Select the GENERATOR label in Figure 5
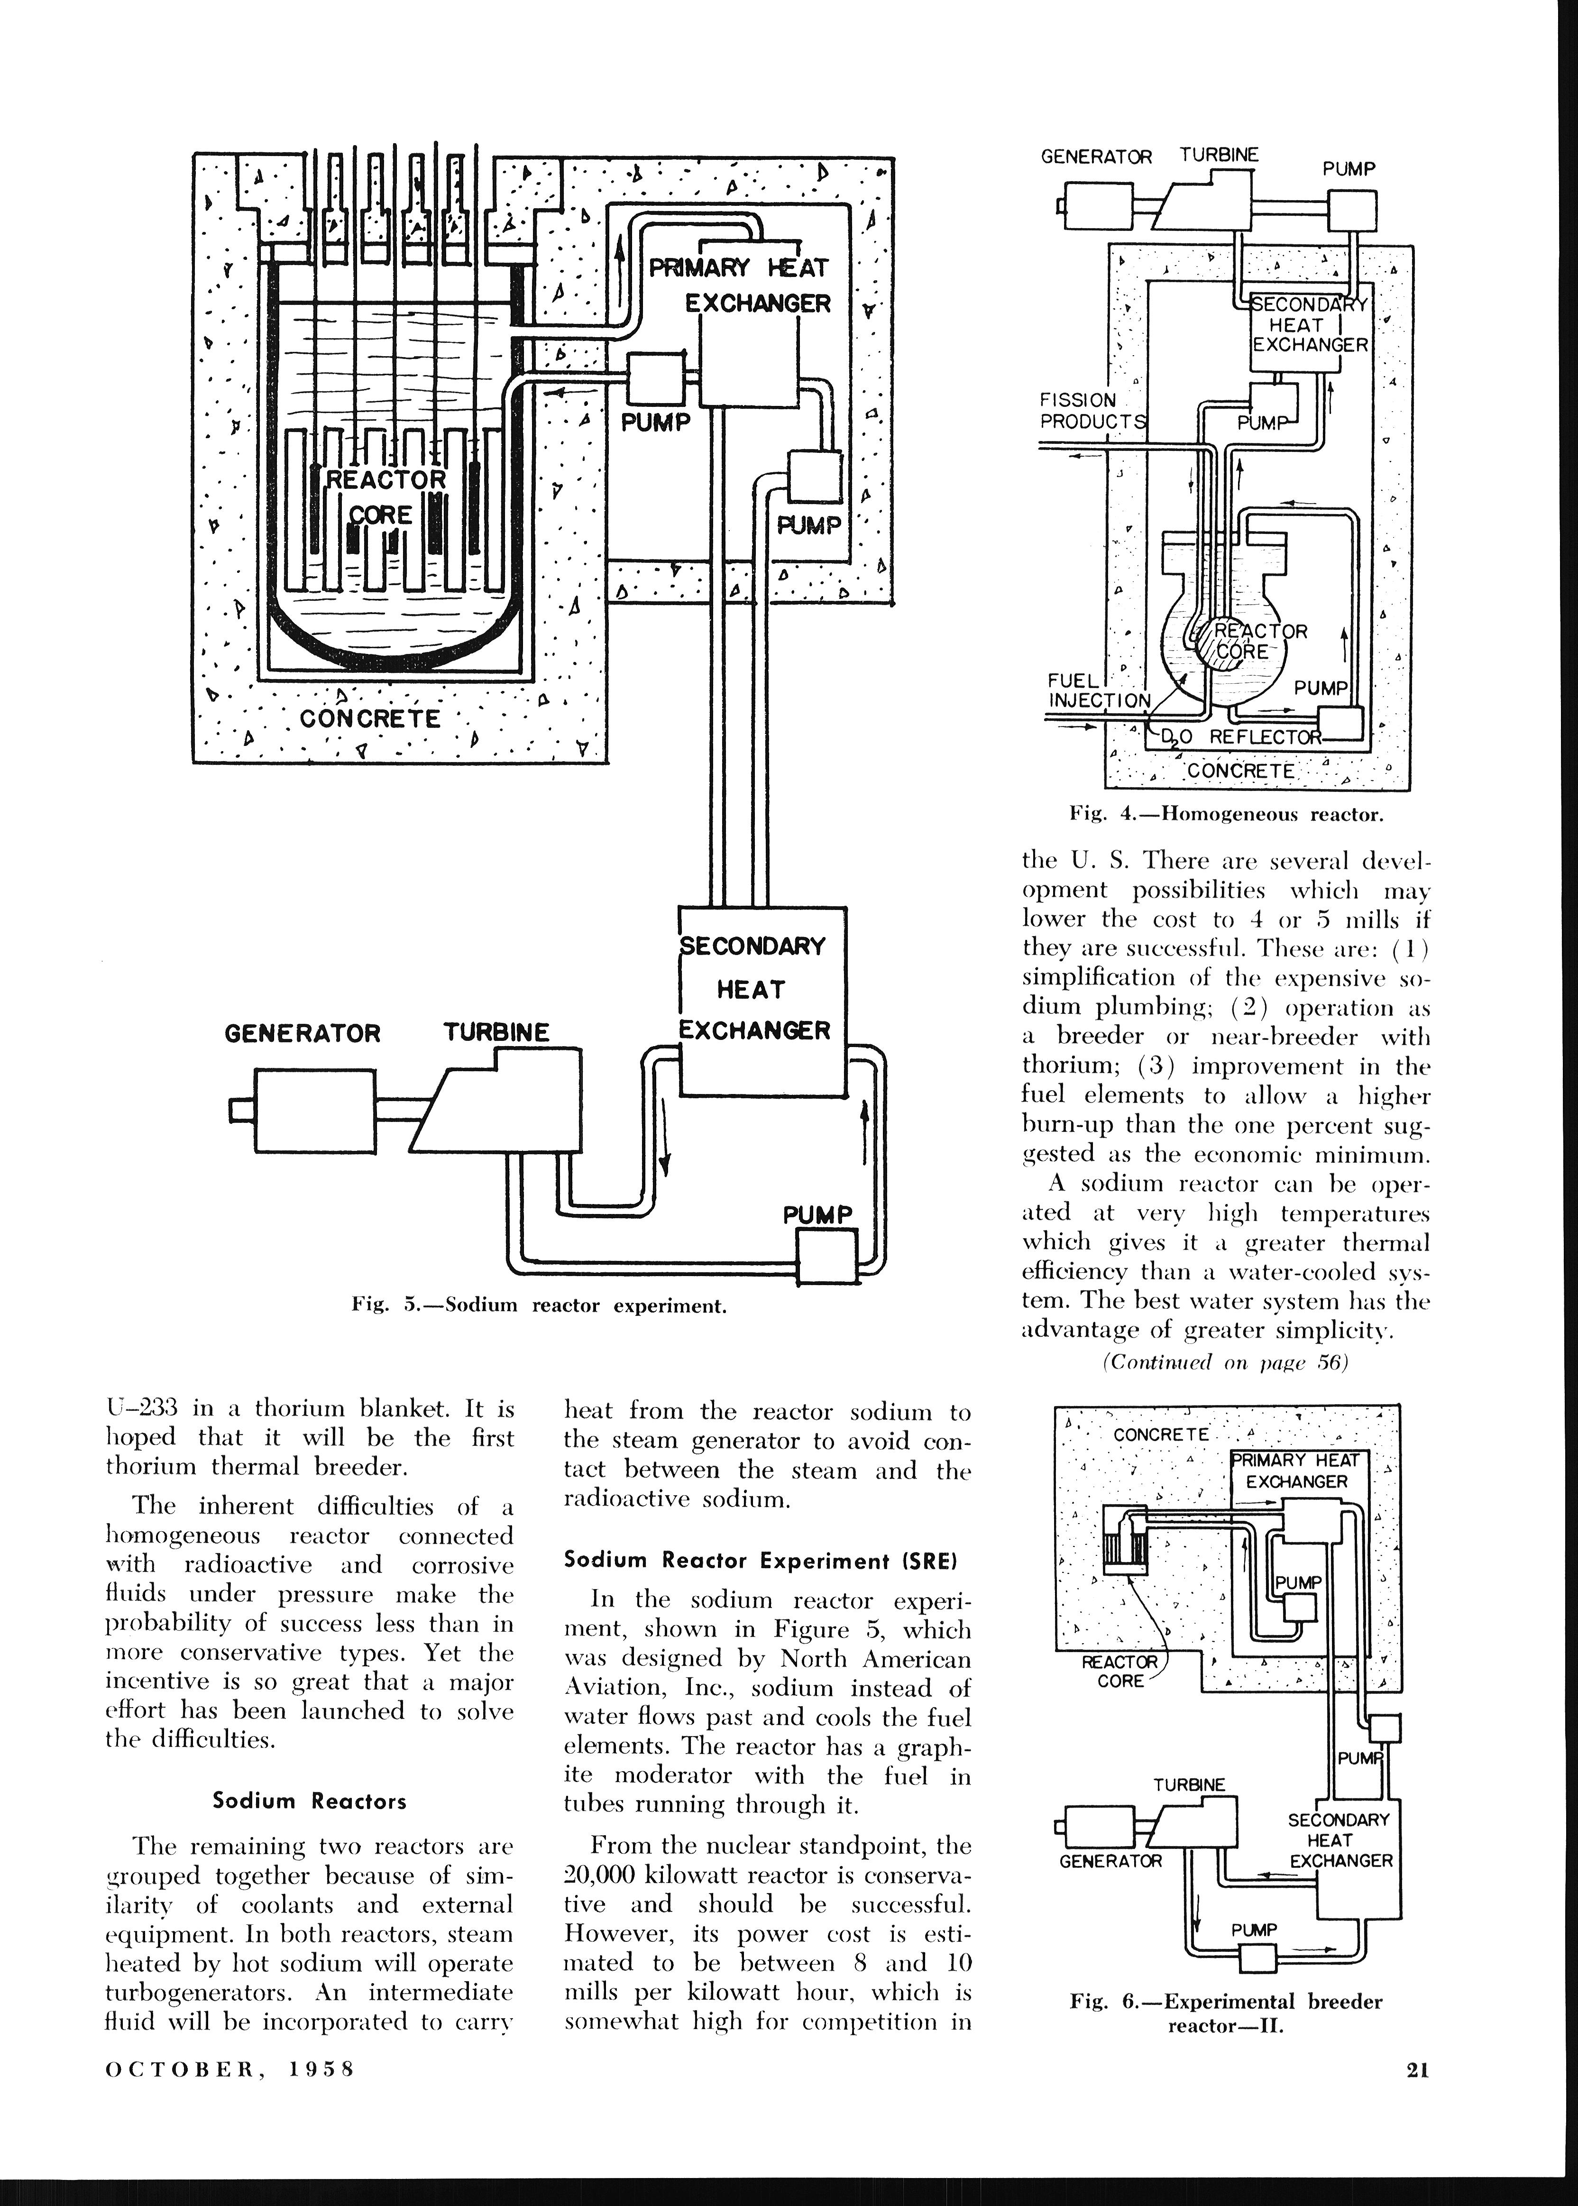(x=302, y=1033)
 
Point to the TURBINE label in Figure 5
(x=496, y=1032)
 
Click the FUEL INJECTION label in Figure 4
(x=1098, y=690)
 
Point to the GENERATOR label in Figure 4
(x=1096, y=156)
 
